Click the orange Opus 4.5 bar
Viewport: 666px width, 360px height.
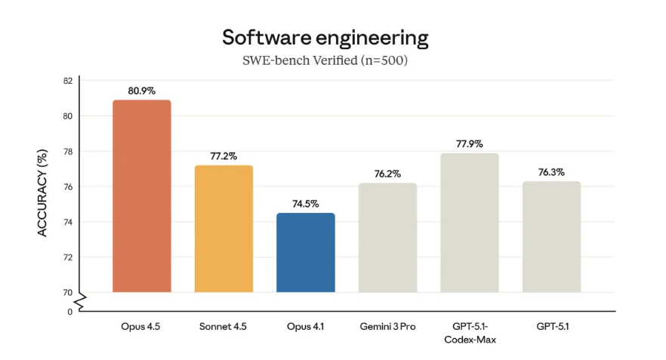[141, 196]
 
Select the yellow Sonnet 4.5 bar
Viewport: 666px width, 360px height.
[224, 229]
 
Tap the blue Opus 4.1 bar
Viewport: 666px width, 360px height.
[305, 252]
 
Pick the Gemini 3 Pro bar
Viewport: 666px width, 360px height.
[387, 237]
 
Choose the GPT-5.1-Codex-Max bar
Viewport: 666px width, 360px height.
[469, 223]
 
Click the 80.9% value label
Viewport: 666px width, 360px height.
[141, 91]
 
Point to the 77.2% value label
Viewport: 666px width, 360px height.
[224, 156]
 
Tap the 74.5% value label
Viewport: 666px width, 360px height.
[305, 204]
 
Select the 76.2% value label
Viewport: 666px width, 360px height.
[387, 174]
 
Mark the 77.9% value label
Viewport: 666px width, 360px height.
[469, 143]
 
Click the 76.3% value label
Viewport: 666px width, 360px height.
[551, 172]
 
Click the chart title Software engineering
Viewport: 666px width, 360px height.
[325, 37]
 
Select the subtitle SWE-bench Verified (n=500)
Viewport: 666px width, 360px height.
[325, 60]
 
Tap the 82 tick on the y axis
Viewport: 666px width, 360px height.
[68, 81]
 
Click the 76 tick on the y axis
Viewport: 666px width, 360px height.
[68, 186]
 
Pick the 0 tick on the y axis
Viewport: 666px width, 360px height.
[70, 311]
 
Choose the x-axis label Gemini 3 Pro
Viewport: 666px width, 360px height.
[387, 327]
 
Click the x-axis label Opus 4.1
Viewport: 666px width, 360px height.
[305, 327]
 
